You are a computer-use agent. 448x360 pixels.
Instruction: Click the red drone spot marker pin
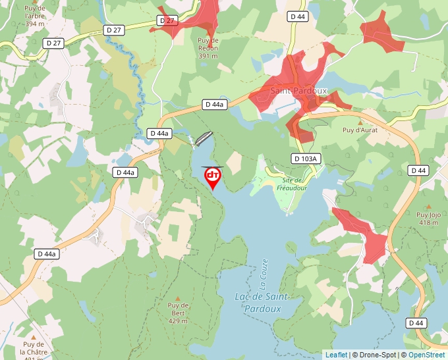[213, 176]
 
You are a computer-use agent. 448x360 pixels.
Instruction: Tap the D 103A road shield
[305, 159]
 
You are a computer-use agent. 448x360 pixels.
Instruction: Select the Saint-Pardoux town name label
[298, 91]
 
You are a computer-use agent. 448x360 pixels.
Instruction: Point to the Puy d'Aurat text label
[360, 130]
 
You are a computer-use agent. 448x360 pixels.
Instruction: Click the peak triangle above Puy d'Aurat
[360, 122]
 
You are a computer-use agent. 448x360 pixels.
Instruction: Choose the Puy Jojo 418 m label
[428, 219]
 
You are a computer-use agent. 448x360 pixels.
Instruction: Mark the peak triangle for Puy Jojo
[428, 205]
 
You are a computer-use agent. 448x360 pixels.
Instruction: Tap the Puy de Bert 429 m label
[178, 313]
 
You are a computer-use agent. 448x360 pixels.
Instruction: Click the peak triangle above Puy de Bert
[178, 298]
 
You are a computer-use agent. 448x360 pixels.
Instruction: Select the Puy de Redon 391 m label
[208, 48]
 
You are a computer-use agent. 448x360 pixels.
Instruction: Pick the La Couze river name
[264, 274]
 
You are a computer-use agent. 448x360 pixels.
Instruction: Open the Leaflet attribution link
[336, 355]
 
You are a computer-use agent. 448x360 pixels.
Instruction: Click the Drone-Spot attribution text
[374, 355]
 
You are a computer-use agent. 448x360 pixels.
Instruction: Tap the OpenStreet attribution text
[426, 355]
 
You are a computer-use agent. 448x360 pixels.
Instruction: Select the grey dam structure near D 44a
[204, 138]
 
